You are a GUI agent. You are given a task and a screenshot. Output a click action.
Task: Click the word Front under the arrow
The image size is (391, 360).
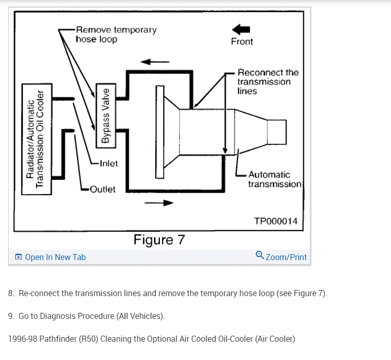[x=242, y=42]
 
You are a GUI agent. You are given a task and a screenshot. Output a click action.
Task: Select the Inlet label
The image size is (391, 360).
[x=108, y=163]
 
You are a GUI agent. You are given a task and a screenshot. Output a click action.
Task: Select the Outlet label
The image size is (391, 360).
[x=102, y=189]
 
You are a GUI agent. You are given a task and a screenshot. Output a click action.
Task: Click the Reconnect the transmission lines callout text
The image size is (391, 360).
[x=267, y=82]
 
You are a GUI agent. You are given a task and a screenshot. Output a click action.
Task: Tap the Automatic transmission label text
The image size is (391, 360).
[x=274, y=179]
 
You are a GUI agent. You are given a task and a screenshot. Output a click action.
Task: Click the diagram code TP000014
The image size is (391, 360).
[x=275, y=221]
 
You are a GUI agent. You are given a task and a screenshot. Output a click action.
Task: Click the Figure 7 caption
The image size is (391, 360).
[x=159, y=239]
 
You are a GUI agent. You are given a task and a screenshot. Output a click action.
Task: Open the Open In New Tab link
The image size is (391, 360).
[x=55, y=257]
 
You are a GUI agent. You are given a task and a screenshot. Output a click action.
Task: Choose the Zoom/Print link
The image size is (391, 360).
[x=286, y=257]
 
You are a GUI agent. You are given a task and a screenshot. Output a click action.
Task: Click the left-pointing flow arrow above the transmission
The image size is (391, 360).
[x=155, y=62]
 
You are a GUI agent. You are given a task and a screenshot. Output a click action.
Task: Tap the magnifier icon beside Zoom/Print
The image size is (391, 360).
[x=260, y=256]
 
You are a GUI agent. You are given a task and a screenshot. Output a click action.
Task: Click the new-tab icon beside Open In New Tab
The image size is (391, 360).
[x=19, y=257]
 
